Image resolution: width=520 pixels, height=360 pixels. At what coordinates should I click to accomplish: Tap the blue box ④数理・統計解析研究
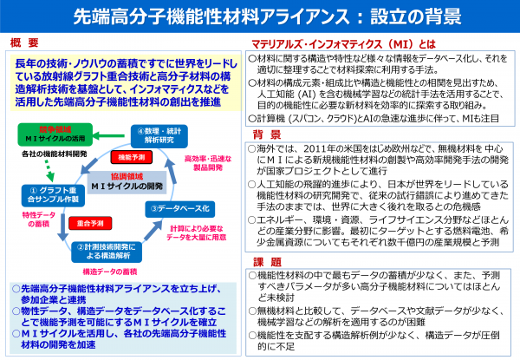tap(159, 134)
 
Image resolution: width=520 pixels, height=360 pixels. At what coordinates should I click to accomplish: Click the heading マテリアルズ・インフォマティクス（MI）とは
tap(330, 42)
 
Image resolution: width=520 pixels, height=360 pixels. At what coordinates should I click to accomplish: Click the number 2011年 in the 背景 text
tap(320, 149)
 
